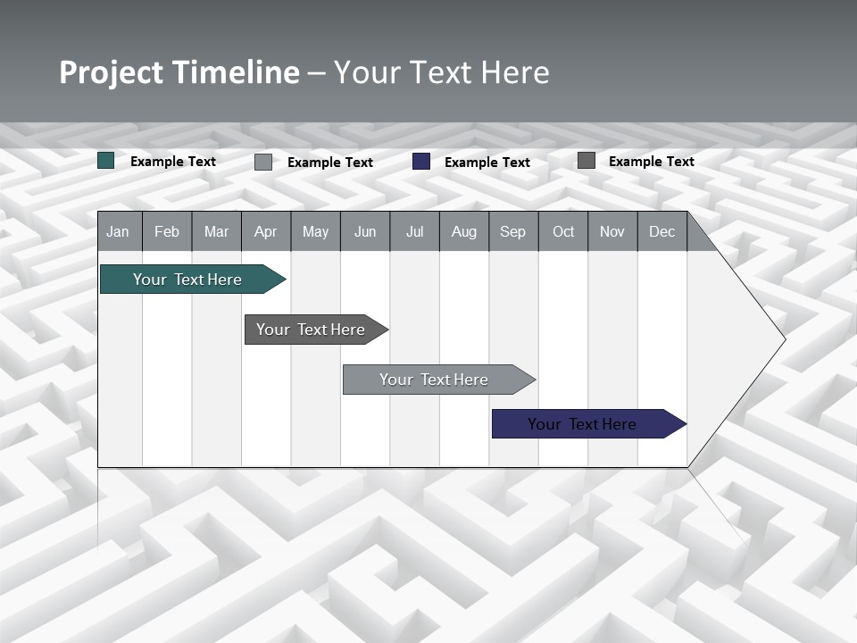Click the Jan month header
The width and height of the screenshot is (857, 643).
[x=119, y=231]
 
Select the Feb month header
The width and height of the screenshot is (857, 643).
[x=167, y=231]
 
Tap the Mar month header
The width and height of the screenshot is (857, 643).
[x=216, y=231]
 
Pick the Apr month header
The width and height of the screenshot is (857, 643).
[x=266, y=231]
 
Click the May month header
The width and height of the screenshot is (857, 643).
[x=315, y=231]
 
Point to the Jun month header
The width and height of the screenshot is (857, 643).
[x=365, y=231]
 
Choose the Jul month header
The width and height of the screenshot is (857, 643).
[x=414, y=231]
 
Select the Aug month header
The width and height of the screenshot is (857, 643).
[x=464, y=231]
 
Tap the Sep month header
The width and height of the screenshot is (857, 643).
[x=513, y=231]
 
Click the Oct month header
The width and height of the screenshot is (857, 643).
[x=563, y=231]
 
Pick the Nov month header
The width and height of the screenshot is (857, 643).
[x=612, y=231]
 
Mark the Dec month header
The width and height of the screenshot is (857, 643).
[x=662, y=231]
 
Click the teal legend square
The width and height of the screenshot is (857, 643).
[x=106, y=161]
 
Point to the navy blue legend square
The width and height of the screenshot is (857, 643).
[x=421, y=161]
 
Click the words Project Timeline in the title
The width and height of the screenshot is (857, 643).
[x=179, y=72]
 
